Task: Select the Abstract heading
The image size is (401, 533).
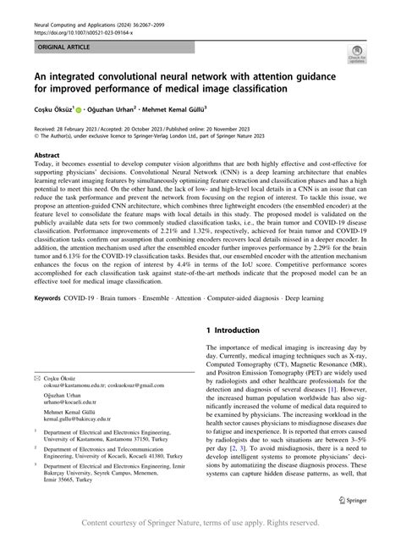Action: (47, 157)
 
